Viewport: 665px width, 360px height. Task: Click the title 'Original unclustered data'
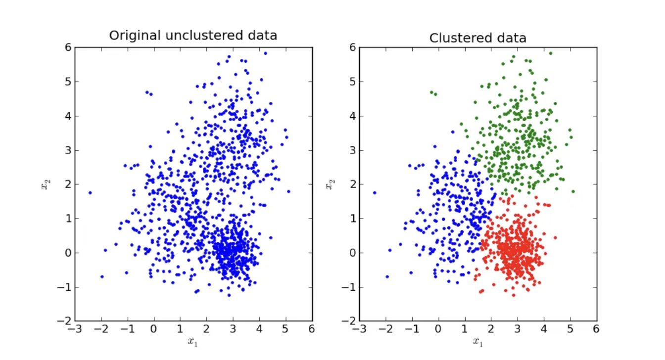(x=193, y=36)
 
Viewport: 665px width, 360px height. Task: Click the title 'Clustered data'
(x=477, y=38)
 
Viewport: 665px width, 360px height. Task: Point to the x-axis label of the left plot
(x=192, y=342)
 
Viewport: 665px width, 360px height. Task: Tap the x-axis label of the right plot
(x=477, y=342)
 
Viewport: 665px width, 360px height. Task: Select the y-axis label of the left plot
(x=46, y=184)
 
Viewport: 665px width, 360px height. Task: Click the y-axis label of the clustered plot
(x=330, y=184)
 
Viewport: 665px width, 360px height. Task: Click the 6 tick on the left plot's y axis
(x=68, y=47)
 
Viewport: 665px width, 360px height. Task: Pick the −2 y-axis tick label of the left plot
(x=64, y=321)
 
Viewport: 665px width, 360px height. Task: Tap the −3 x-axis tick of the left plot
(x=75, y=329)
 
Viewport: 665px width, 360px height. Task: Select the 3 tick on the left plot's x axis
(x=233, y=329)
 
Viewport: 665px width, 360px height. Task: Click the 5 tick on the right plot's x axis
(x=570, y=329)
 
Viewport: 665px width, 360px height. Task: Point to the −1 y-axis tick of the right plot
(x=349, y=287)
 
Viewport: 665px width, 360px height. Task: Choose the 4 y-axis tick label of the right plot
(x=353, y=116)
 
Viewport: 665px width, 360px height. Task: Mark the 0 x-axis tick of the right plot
(x=438, y=329)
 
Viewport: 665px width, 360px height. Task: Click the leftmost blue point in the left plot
(x=90, y=193)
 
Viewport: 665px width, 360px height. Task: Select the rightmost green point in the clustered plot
(x=573, y=191)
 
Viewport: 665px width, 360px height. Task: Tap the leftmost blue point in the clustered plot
(x=375, y=193)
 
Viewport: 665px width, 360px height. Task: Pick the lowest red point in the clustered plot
(x=514, y=295)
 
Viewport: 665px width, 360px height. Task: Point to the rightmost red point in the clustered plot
(x=555, y=238)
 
